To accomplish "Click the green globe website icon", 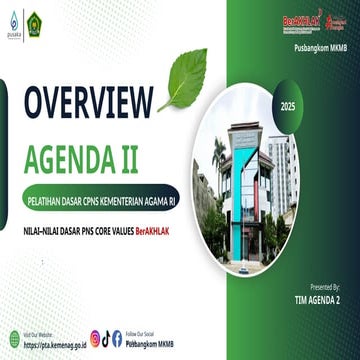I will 15,337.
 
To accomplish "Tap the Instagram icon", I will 95,338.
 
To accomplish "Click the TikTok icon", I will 106,338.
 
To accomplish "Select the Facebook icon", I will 117,338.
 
